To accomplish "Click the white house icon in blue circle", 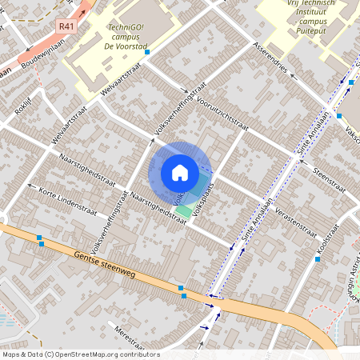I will [180, 171].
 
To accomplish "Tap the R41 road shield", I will [66, 26].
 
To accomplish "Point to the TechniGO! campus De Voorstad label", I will [126, 37].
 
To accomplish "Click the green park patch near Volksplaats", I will [185, 210].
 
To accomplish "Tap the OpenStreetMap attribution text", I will [80, 354].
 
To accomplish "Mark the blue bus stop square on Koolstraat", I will [318, 259].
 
